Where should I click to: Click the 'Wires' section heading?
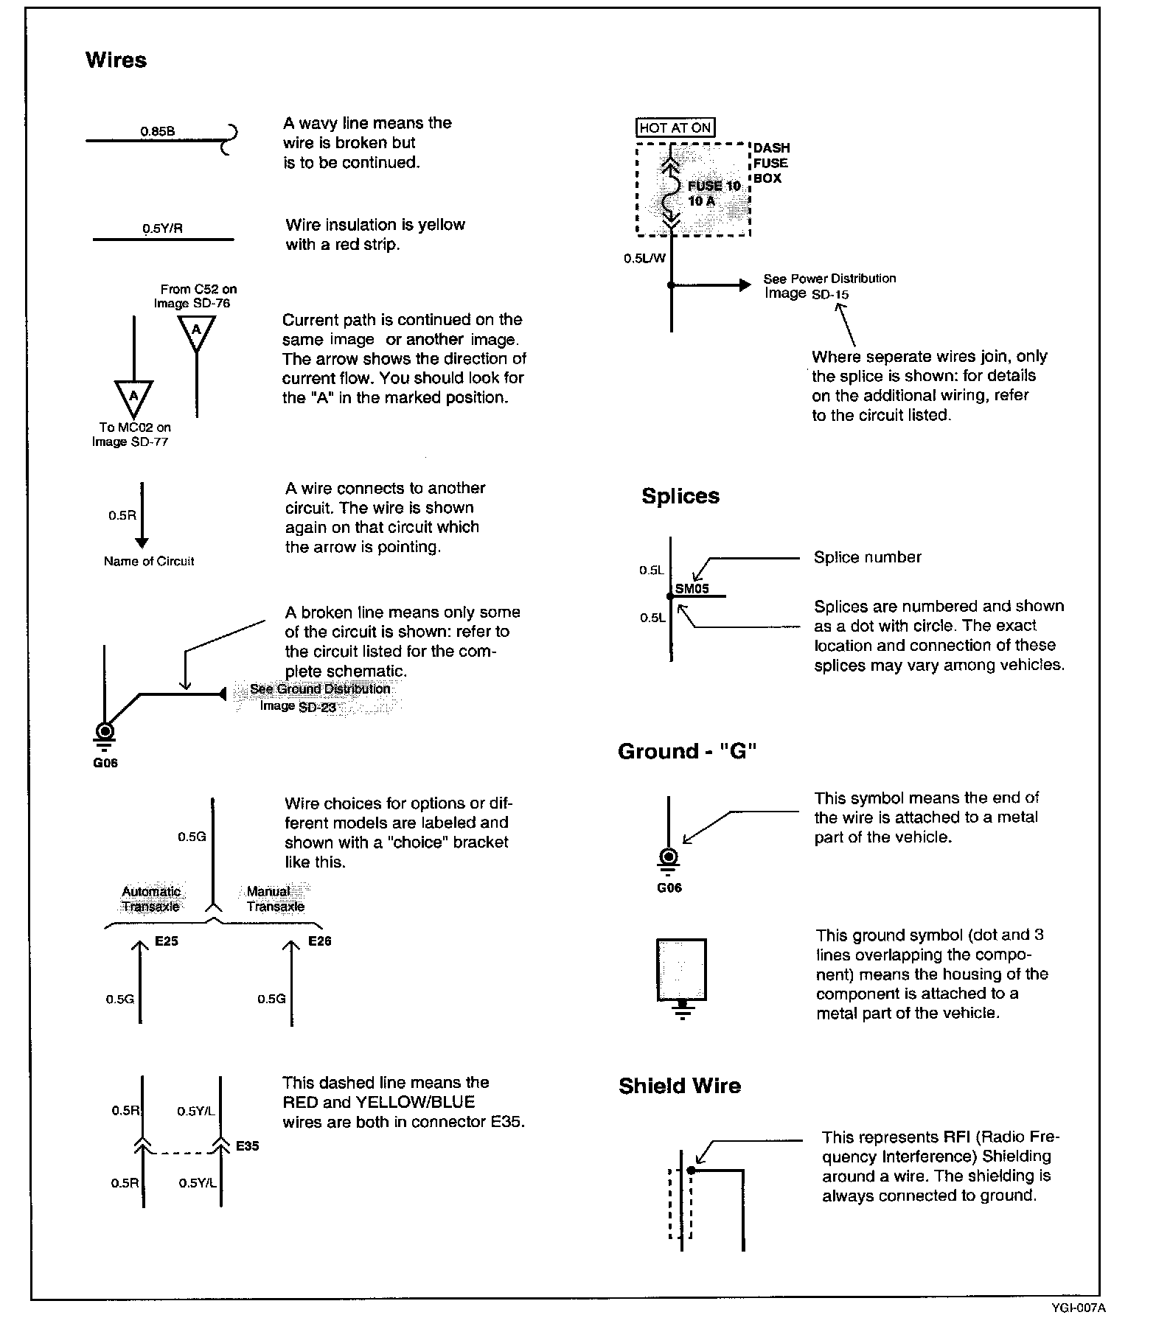[116, 60]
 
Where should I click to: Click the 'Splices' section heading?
[680, 496]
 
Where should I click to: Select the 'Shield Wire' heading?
[679, 1086]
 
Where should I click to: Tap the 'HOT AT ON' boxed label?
[675, 128]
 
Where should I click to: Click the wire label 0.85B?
[158, 132]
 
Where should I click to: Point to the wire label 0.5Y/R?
[162, 229]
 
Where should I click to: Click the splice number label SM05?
[692, 588]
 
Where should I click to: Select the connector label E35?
[248, 1146]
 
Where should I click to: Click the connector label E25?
[167, 941]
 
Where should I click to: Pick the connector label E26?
[320, 941]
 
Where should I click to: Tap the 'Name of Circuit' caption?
[149, 562]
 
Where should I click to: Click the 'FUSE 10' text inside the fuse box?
[714, 186]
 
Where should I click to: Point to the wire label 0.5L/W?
[644, 259]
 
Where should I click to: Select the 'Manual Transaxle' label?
[275, 899]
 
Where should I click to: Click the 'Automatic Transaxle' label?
[151, 899]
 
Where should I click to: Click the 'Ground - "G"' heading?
[688, 752]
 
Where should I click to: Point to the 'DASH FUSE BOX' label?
[770, 163]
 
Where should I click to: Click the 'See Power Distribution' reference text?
[829, 279]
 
